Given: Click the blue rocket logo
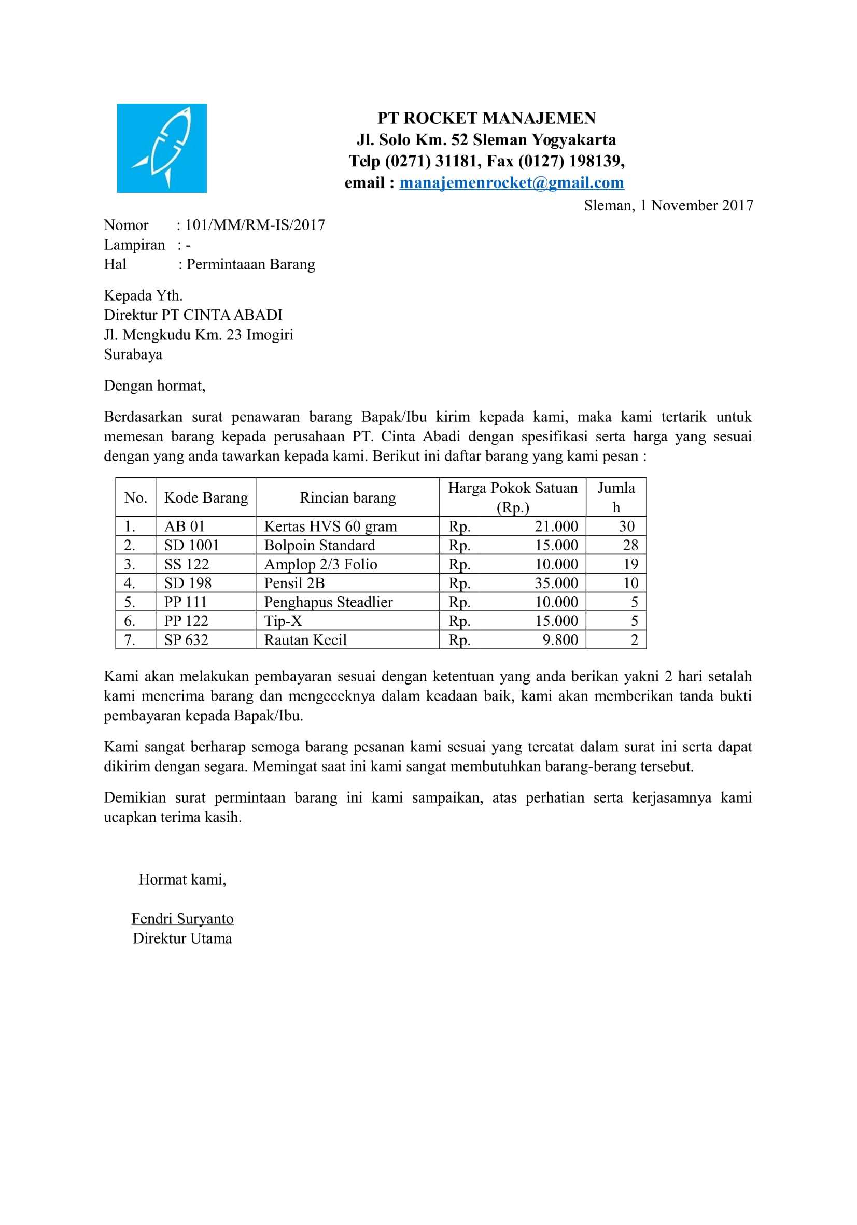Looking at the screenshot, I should point(162,148).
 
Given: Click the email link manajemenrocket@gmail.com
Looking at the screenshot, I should point(511,182).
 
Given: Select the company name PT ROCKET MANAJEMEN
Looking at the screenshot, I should point(486,118).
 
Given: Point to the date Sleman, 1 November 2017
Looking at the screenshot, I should point(668,205).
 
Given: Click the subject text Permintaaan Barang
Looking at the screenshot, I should point(250,265).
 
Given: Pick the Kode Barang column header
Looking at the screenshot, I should point(206,498).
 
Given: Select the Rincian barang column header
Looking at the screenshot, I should point(347,498).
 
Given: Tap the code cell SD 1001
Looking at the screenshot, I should point(192,545).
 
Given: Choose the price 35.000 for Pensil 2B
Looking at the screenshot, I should point(556,583).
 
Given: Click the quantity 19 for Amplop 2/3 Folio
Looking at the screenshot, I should point(630,564).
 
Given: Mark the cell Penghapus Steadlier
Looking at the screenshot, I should point(328,602).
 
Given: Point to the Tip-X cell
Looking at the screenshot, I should point(283,621).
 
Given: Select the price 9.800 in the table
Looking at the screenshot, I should point(560,640).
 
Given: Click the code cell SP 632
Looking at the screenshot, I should point(186,640).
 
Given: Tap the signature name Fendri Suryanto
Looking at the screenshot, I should point(182,919).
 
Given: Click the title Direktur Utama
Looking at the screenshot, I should point(182,938).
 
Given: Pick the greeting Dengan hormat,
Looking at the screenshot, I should point(155,386).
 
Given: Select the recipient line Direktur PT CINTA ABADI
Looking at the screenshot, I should point(193,315).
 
